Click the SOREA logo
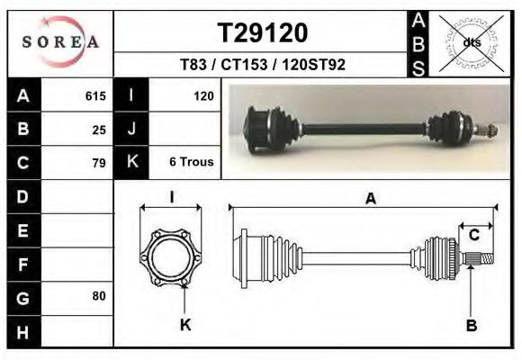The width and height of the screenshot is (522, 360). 60,42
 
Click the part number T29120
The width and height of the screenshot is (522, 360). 263,33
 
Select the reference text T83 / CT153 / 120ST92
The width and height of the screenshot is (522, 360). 263,66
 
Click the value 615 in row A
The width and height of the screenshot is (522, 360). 95,95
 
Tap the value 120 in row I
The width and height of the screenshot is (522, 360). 202,95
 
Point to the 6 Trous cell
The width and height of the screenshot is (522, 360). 191,163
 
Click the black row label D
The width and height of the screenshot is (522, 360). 23,196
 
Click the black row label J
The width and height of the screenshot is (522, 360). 131,129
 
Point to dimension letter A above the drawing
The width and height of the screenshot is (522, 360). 370,200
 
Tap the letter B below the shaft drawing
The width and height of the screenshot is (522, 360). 471,325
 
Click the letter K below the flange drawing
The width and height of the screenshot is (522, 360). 185,325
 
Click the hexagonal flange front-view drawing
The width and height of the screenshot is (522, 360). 171,259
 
